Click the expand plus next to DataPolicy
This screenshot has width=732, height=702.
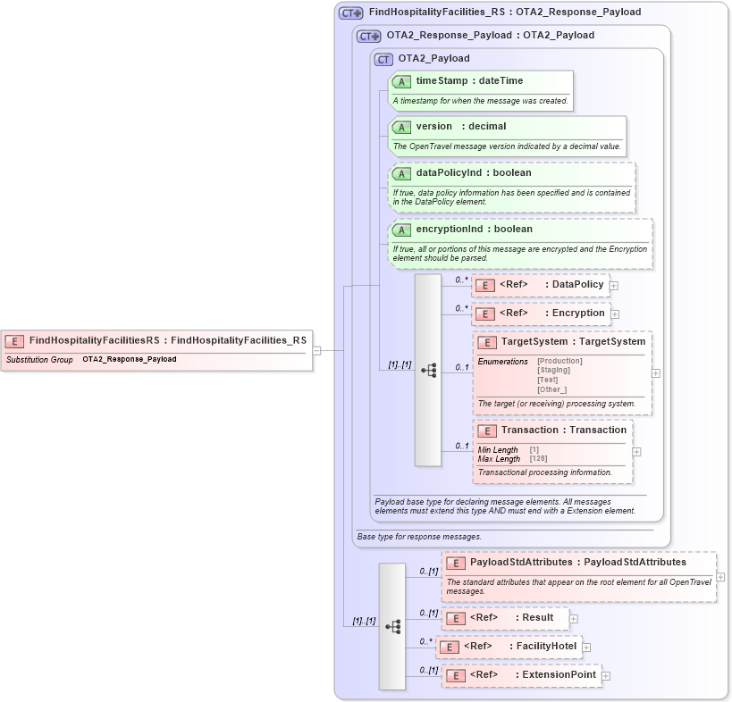tap(614, 286)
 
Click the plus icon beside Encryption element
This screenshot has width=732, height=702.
tap(615, 314)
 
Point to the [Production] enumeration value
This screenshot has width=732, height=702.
tap(560, 361)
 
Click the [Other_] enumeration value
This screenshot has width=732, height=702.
tap(551, 389)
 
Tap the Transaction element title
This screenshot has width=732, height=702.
tap(563, 430)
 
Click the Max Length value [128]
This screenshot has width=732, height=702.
tap(539, 459)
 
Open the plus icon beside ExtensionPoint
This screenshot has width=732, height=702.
tap(606, 676)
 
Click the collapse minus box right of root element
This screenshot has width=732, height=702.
tap(316, 350)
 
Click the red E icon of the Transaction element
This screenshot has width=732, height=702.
tap(486, 430)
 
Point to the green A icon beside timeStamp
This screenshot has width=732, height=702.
tap(402, 81)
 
